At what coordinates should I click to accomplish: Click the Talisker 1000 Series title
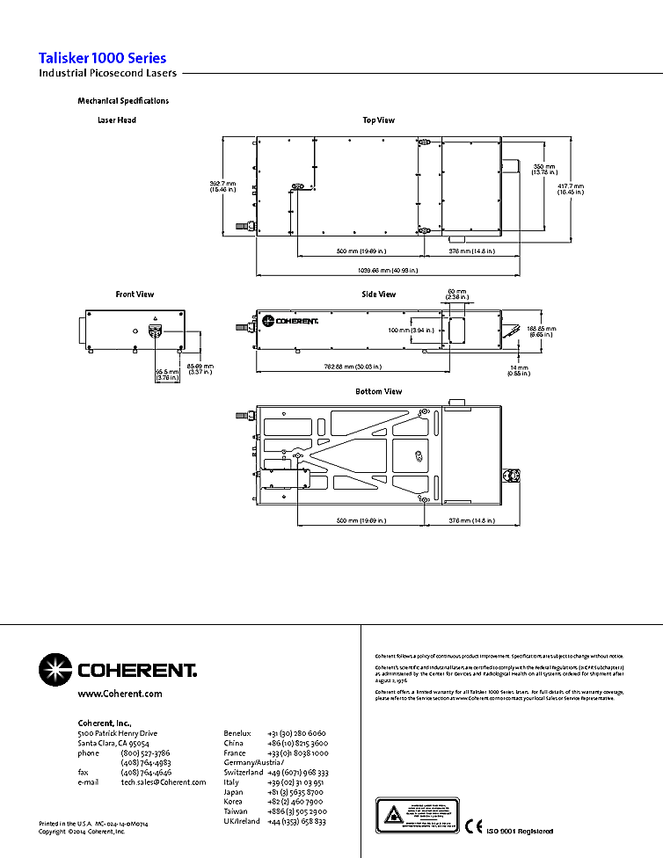[x=103, y=58]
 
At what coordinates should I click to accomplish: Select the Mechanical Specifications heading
[x=123, y=101]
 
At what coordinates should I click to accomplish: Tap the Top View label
[x=379, y=120]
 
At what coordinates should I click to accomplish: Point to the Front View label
[x=135, y=294]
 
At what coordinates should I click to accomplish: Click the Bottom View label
[x=379, y=391]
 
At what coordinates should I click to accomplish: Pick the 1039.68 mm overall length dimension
[x=378, y=269]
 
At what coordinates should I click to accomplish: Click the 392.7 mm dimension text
[x=223, y=185]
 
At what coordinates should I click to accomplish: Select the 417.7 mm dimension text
[x=571, y=189]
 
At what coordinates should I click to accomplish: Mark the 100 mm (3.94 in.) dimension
[x=412, y=330]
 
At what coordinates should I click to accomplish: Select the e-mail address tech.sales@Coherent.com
[x=164, y=782]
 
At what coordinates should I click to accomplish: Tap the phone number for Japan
[x=296, y=792]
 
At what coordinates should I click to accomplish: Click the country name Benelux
[x=237, y=733]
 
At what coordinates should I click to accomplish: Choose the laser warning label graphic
[x=418, y=817]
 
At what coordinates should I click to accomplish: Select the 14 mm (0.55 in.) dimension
[x=518, y=370]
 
